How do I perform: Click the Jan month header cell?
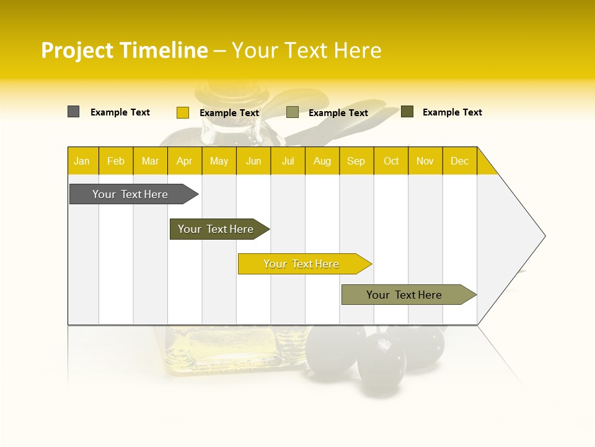(82, 161)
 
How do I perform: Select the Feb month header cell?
(116, 161)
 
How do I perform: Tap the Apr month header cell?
(185, 161)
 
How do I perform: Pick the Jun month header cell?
(253, 161)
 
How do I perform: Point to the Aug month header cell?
(322, 161)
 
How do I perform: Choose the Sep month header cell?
(356, 161)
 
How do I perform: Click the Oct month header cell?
(391, 161)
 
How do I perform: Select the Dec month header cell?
(460, 161)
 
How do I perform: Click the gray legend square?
(73, 112)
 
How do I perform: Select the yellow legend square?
(182, 112)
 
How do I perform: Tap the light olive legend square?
(293, 112)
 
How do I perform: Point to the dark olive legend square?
(407, 112)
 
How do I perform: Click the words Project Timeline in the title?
(124, 50)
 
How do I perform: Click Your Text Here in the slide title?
(306, 50)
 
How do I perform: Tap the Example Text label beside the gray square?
(120, 112)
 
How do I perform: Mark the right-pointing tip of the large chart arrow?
(544, 236)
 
